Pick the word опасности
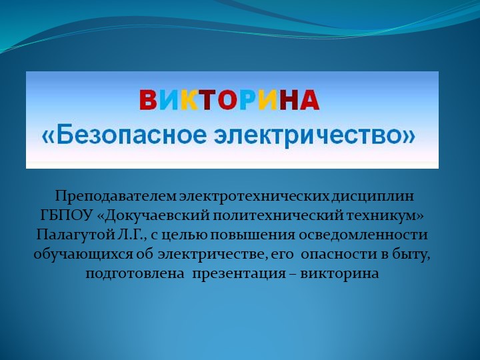(x=345, y=255)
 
